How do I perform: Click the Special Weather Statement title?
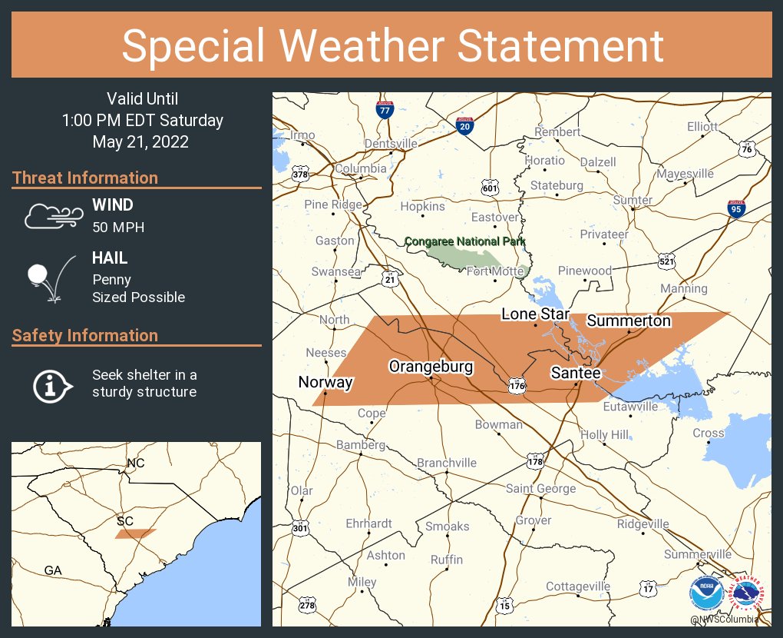point(391,45)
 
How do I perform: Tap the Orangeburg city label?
point(431,367)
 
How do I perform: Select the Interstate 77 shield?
point(385,110)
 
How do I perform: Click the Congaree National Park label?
point(464,241)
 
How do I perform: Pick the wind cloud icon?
point(51,216)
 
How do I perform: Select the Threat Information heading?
point(85,178)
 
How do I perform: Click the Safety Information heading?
point(85,335)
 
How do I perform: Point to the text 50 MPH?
point(118,228)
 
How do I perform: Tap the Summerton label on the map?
point(629,321)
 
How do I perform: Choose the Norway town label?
point(325,382)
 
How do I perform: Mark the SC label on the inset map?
point(125,520)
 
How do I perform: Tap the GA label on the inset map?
point(53,570)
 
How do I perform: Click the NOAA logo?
point(705,594)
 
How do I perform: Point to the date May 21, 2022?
point(140,141)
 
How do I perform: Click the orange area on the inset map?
point(136,533)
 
